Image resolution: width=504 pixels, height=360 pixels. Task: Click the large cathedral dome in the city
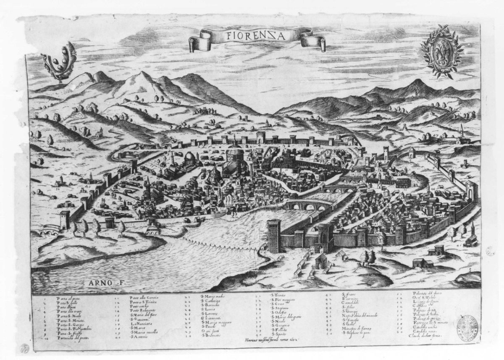click(x=234, y=155)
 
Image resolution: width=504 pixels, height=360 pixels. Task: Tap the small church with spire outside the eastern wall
click(x=471, y=238)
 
